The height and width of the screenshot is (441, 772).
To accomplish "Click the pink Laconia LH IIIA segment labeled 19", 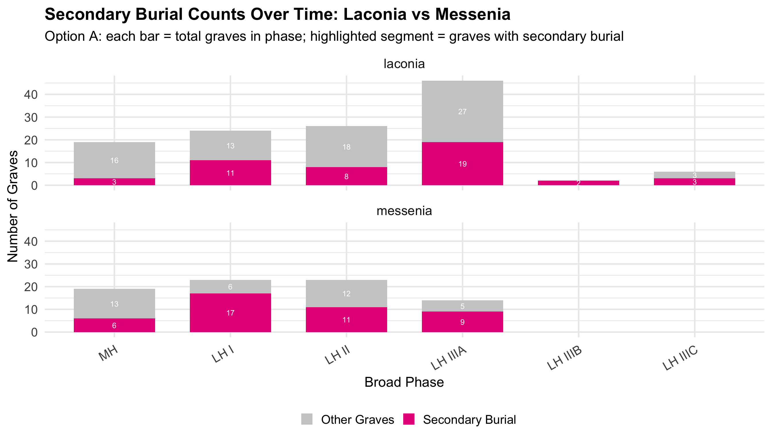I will pyautogui.click(x=462, y=164).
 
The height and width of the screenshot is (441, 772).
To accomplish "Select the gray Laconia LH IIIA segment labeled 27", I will pyautogui.click(x=462, y=111).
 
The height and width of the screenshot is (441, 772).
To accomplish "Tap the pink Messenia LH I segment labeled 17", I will pyautogui.click(x=230, y=313).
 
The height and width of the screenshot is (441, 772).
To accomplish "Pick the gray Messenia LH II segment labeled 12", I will pyautogui.click(x=346, y=293).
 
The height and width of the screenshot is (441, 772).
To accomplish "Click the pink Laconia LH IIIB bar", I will pyautogui.click(x=578, y=183).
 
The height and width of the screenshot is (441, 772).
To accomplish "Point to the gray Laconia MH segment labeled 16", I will pyautogui.click(x=114, y=160).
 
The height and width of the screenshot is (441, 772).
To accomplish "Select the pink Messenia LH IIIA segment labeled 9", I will pyautogui.click(x=462, y=322).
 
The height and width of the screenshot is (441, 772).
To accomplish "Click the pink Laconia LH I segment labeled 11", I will pyautogui.click(x=230, y=173).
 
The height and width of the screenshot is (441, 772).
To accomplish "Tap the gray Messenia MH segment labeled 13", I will pyautogui.click(x=114, y=304).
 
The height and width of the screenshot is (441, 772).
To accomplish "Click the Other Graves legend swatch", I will pyautogui.click(x=307, y=419).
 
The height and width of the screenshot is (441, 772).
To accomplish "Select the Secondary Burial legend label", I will pyautogui.click(x=469, y=420).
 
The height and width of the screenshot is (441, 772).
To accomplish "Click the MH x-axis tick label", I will pyautogui.click(x=108, y=353).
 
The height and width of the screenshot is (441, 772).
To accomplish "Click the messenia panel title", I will pyautogui.click(x=404, y=211).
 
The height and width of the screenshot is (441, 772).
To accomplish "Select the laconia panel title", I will pyautogui.click(x=404, y=64).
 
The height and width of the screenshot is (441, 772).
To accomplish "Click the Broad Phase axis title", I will pyautogui.click(x=404, y=382).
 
